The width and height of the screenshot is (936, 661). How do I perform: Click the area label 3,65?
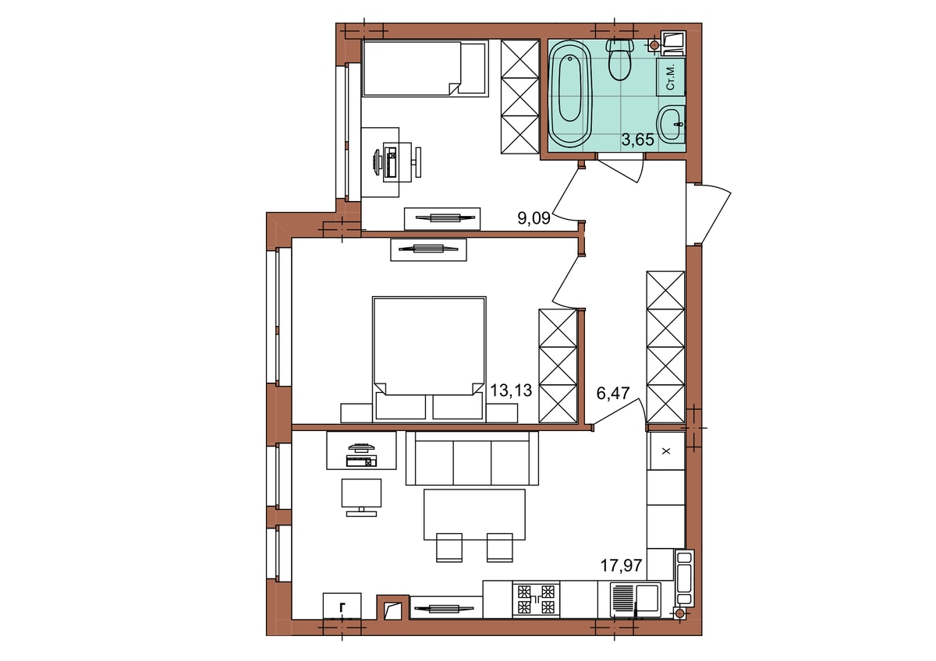[x=637, y=140]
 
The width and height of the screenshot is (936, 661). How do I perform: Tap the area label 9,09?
[x=534, y=218]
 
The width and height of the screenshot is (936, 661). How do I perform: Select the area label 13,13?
[x=511, y=391]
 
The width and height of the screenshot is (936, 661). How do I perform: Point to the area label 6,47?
[x=612, y=394]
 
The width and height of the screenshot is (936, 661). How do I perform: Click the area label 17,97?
[x=621, y=566]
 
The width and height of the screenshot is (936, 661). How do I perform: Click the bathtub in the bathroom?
[x=569, y=94]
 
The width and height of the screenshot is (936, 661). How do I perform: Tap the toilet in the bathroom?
[x=619, y=60]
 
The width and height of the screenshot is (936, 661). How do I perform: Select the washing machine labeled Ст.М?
[x=670, y=77]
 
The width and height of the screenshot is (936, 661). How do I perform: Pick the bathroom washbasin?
[x=671, y=124]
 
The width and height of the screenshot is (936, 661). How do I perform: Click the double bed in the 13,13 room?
[x=429, y=359]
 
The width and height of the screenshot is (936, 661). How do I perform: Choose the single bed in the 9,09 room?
[x=425, y=69]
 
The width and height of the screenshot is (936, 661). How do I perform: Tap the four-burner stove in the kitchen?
[x=536, y=599]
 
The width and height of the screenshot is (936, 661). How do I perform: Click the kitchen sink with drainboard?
[x=635, y=600]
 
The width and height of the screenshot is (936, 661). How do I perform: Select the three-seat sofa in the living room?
[x=472, y=458]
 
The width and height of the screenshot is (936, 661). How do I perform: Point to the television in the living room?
[x=361, y=497]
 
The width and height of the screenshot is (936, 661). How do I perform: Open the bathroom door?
[x=620, y=167]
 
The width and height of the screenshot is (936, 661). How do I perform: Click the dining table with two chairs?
[x=474, y=525]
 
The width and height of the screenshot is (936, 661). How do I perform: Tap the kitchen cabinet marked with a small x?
[x=666, y=451]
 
